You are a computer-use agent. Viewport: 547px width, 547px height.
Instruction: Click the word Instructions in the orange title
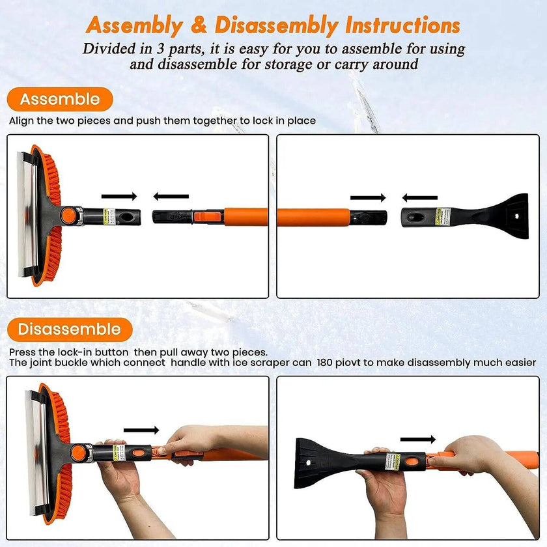pyautogui.click(x=402, y=26)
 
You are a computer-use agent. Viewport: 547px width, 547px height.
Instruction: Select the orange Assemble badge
pyautogui.click(x=60, y=100)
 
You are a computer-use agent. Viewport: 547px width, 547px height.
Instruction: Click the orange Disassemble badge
pyautogui.click(x=69, y=329)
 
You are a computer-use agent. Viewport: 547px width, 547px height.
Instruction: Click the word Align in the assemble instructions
pyautogui.click(x=21, y=120)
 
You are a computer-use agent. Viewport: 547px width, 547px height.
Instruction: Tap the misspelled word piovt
pyautogui.click(x=350, y=362)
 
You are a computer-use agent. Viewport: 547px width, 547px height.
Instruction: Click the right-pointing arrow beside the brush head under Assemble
pyautogui.click(x=120, y=196)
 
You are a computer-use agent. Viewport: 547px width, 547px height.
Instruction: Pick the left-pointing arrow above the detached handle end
pyautogui.click(x=171, y=196)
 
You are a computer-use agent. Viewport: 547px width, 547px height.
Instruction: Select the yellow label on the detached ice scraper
pyautogui.click(x=439, y=214)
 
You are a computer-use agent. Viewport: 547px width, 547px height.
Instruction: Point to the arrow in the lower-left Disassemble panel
pyautogui.click(x=141, y=430)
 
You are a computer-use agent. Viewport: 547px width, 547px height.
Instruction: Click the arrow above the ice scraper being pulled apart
pyautogui.click(x=418, y=440)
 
